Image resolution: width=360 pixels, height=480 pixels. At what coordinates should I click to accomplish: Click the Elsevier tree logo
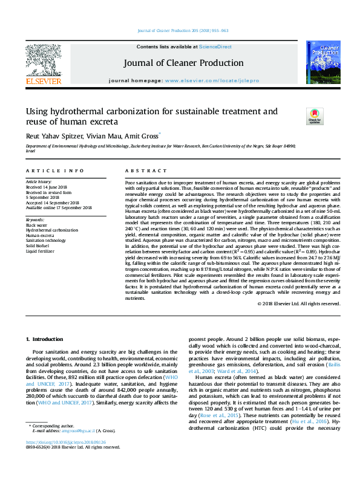(43, 61)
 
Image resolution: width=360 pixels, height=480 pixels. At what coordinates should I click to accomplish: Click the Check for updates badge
(315, 115)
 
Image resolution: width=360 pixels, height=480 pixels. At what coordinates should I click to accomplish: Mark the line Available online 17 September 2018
(59, 207)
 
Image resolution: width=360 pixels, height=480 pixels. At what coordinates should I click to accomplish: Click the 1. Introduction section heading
(47, 340)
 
